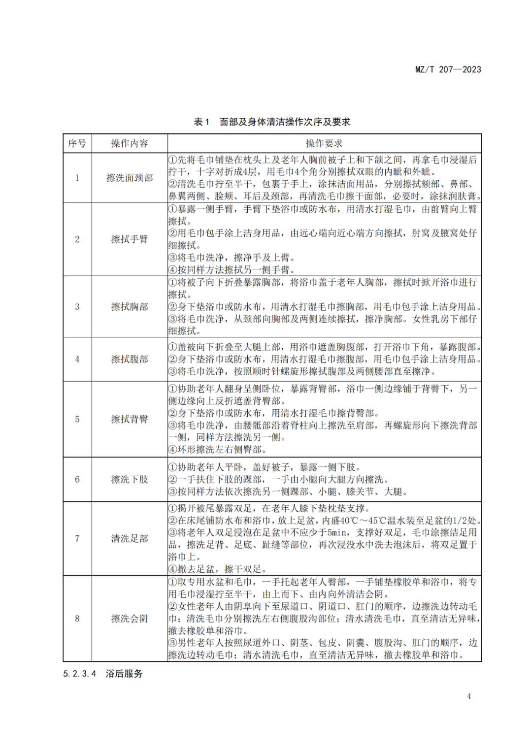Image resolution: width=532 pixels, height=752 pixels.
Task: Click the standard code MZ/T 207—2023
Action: click(448, 69)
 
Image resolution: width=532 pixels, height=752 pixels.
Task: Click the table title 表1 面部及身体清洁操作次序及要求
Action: click(272, 122)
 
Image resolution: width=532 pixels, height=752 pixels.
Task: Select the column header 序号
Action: click(77, 143)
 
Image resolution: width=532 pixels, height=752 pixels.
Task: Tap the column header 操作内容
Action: click(129, 143)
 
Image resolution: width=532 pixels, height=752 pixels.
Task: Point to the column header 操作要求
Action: click(324, 143)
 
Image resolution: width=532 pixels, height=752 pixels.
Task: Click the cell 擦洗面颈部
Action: click(129, 178)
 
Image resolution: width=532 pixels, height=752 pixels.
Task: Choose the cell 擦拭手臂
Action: click(129, 239)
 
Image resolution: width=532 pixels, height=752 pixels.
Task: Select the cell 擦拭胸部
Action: click(129, 307)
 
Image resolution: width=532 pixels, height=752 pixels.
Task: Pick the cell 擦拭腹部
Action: click(129, 359)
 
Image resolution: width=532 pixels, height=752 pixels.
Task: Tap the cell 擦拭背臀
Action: click(129, 419)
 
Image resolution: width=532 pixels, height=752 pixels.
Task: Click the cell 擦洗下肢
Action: click(129, 479)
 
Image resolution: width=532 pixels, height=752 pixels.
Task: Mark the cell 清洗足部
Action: click(129, 538)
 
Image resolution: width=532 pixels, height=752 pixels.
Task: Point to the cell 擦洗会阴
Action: click(129, 619)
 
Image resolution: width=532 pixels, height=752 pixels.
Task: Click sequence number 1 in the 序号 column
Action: click(77, 178)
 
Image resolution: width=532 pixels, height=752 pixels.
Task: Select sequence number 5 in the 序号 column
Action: click(77, 419)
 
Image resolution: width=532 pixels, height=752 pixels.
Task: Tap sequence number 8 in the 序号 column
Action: click(77, 619)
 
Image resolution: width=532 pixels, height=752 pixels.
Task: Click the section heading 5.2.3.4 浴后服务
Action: click(102, 673)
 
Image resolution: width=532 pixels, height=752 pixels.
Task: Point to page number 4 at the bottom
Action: click(468, 696)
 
